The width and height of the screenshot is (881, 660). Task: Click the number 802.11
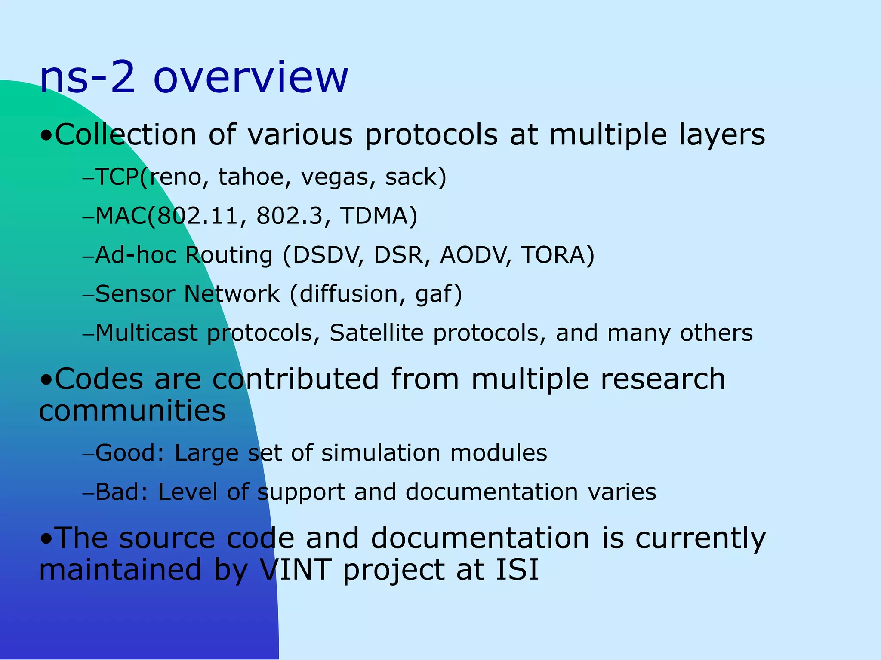click(x=198, y=216)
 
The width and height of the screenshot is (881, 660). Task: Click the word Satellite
click(x=376, y=333)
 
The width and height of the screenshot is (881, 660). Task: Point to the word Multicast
click(x=146, y=333)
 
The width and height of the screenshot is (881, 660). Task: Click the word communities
click(x=132, y=410)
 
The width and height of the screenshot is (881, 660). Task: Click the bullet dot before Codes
click(x=46, y=380)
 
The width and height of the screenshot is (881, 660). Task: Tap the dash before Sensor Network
click(x=88, y=296)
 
